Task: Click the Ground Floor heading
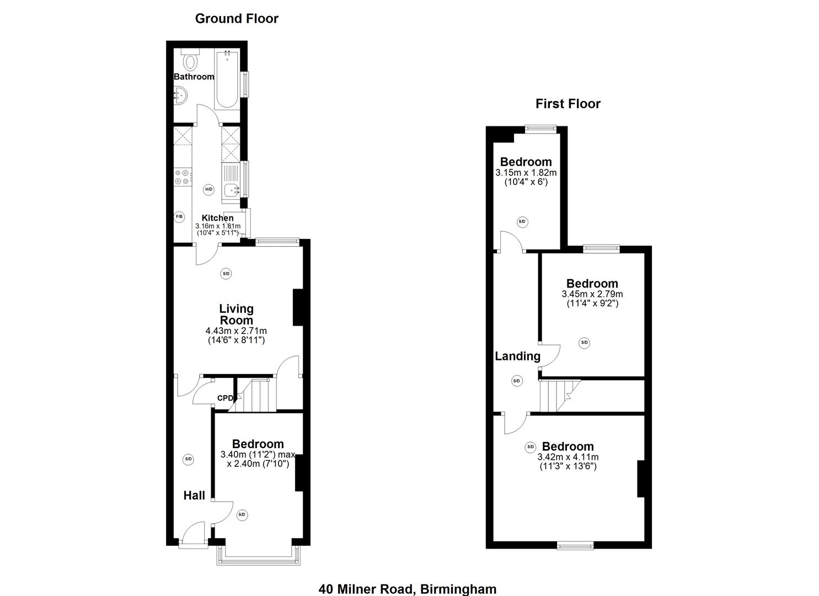237,19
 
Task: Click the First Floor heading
568,104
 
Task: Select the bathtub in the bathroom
227,81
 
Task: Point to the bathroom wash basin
181,97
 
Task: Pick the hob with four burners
183,177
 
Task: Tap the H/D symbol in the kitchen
208,190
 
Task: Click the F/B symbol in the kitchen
179,217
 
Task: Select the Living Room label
236,315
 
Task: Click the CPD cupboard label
224,398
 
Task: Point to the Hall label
194,496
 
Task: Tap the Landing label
517,356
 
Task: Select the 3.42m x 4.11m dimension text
568,457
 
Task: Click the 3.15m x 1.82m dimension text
526,173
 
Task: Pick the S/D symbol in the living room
226,273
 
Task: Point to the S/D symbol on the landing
517,381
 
